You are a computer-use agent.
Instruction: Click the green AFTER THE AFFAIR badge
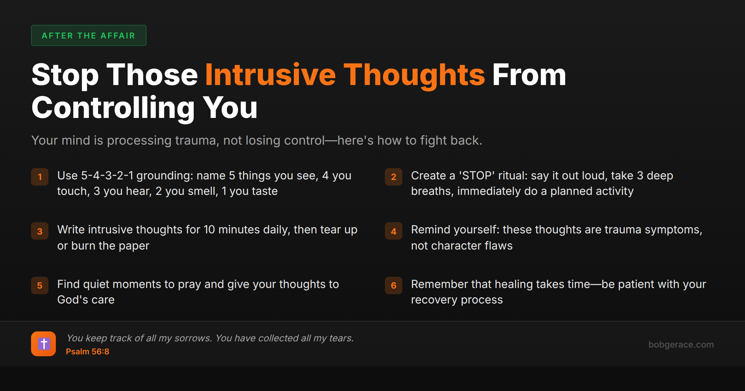pos(88,35)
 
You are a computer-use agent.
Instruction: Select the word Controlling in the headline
pos(113,108)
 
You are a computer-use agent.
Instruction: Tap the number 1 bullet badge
pos(40,177)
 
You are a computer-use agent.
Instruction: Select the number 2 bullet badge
pos(393,177)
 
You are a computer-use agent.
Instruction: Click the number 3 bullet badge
pos(40,231)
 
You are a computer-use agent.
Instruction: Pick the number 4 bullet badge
pos(393,231)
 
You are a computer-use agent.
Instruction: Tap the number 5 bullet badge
pos(40,285)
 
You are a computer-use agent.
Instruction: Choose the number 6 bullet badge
pos(393,285)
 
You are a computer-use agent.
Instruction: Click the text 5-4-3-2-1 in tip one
pos(107,176)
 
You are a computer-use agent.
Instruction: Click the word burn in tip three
pos(83,246)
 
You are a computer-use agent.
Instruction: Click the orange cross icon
pos(43,344)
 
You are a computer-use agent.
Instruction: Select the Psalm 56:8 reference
pos(88,352)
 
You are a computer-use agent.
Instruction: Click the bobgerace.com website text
pos(681,344)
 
